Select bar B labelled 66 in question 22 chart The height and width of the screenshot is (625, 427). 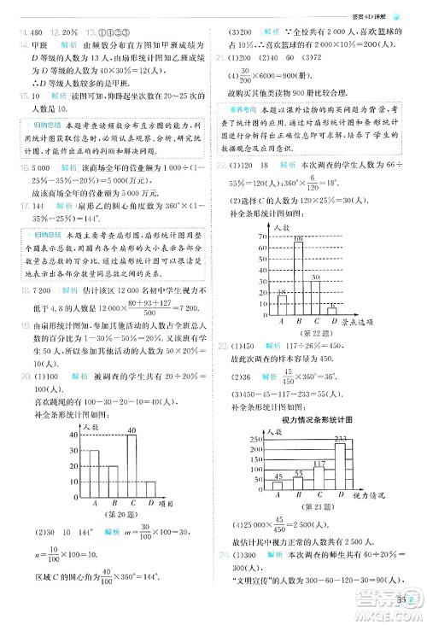298,277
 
